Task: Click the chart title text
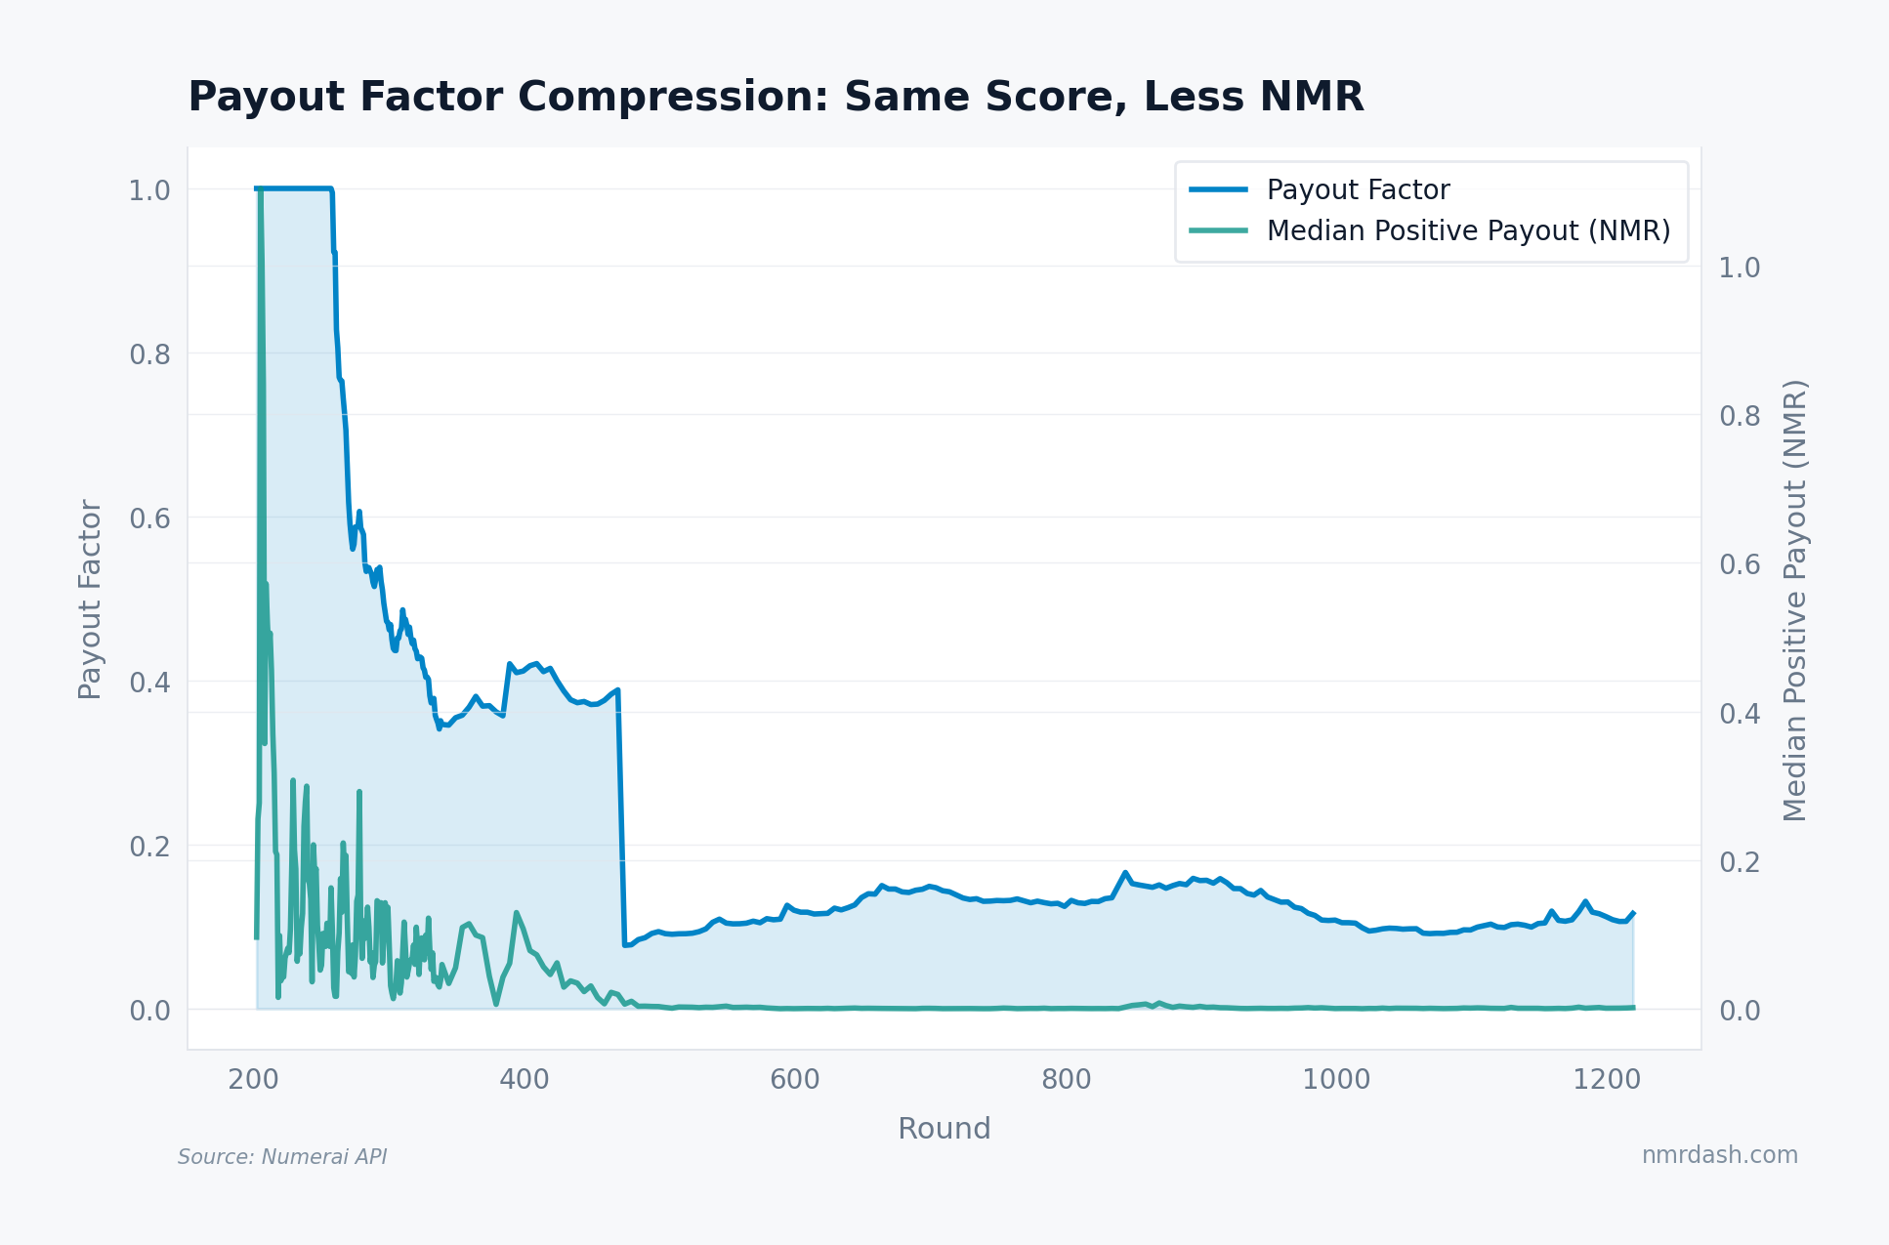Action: (775, 98)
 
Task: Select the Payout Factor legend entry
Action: (1357, 189)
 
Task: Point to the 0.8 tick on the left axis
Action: (149, 354)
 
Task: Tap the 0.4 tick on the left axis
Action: (149, 683)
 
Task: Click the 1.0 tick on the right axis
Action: (1739, 268)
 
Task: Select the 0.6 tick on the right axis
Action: (1739, 564)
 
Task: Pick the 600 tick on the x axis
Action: (794, 1080)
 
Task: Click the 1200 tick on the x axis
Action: (1607, 1080)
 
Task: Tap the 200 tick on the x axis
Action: (253, 1080)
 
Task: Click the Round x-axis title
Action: (944, 1129)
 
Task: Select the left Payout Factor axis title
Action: (90, 599)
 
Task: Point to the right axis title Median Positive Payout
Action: (1795, 600)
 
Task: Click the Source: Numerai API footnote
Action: (282, 1157)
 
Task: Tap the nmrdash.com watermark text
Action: (1719, 1155)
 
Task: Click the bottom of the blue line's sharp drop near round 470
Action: (624, 944)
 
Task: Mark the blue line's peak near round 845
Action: (1125, 872)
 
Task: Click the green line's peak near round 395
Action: (516, 913)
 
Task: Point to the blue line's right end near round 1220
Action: (1633, 913)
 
